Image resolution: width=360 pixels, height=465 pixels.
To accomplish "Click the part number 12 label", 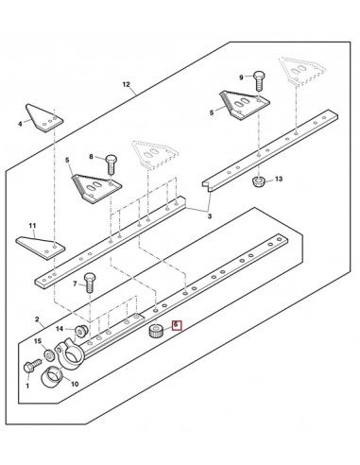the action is coord(126,84).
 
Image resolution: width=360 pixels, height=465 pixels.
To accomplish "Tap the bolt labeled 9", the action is coord(259,80).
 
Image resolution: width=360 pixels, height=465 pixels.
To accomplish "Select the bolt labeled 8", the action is coord(111,164).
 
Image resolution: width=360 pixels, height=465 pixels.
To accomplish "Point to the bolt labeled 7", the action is coord(90,283).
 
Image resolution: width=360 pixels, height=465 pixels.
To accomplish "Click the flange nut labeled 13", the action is coord(259,181).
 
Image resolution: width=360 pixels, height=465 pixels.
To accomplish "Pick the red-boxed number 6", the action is coord(177,324).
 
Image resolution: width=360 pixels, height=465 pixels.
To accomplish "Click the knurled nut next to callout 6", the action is coord(155,332).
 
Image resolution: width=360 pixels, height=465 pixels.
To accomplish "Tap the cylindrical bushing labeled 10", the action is coord(52,375).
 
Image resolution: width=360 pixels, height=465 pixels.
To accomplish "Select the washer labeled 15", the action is coord(49,355).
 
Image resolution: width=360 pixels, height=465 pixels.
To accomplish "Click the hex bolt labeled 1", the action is coord(32,366).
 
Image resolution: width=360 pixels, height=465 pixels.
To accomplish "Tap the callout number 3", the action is coord(210,216).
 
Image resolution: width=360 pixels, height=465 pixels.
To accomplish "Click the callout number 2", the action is coord(37,319).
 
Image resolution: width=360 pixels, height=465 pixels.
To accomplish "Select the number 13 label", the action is coord(279,179).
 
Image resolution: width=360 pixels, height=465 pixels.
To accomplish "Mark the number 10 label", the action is coord(75,385).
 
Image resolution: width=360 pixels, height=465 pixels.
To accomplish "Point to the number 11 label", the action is coord(32,226).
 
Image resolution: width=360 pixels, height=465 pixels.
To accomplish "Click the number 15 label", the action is coord(38,341).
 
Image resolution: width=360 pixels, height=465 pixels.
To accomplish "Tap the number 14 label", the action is coord(60,329).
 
